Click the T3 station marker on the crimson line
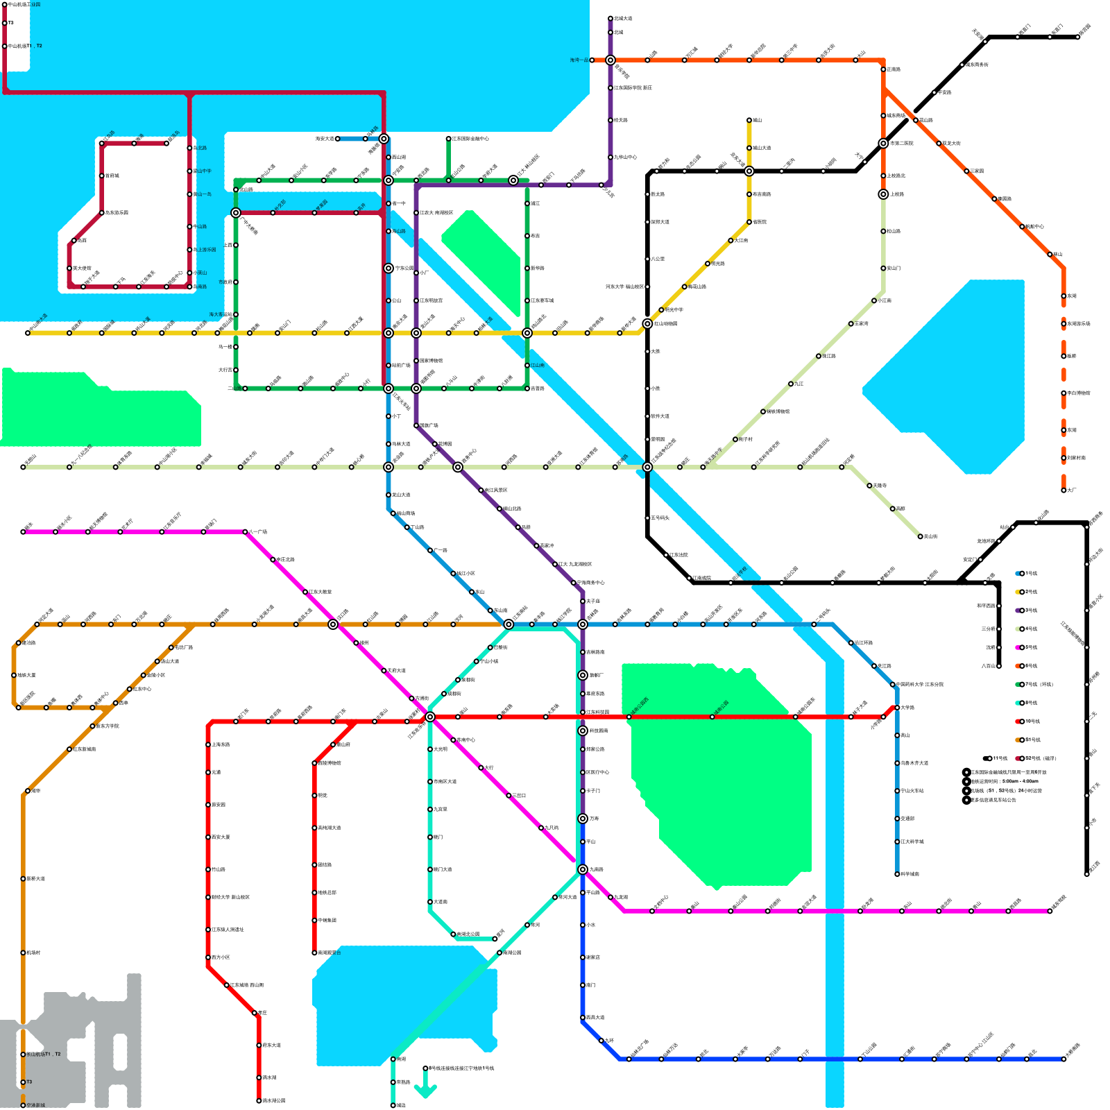tap(5, 23)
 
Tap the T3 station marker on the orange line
tap(23, 1082)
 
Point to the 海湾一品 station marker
tap(592, 60)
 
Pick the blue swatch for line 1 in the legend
tap(1018, 574)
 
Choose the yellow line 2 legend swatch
tap(1018, 592)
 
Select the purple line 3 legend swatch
tap(1018, 610)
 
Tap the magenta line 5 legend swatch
tap(1018, 647)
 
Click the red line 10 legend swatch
tap(1018, 721)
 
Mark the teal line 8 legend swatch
tap(1018, 703)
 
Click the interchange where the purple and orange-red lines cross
tap(610, 60)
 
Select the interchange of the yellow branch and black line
tap(749, 171)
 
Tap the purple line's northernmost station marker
tap(610, 19)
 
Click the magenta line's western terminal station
tap(23, 532)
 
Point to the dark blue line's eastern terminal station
tap(1064, 1059)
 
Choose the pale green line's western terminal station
tap(23, 467)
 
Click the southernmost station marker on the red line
tap(259, 1101)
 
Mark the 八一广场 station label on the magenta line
tap(257, 532)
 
